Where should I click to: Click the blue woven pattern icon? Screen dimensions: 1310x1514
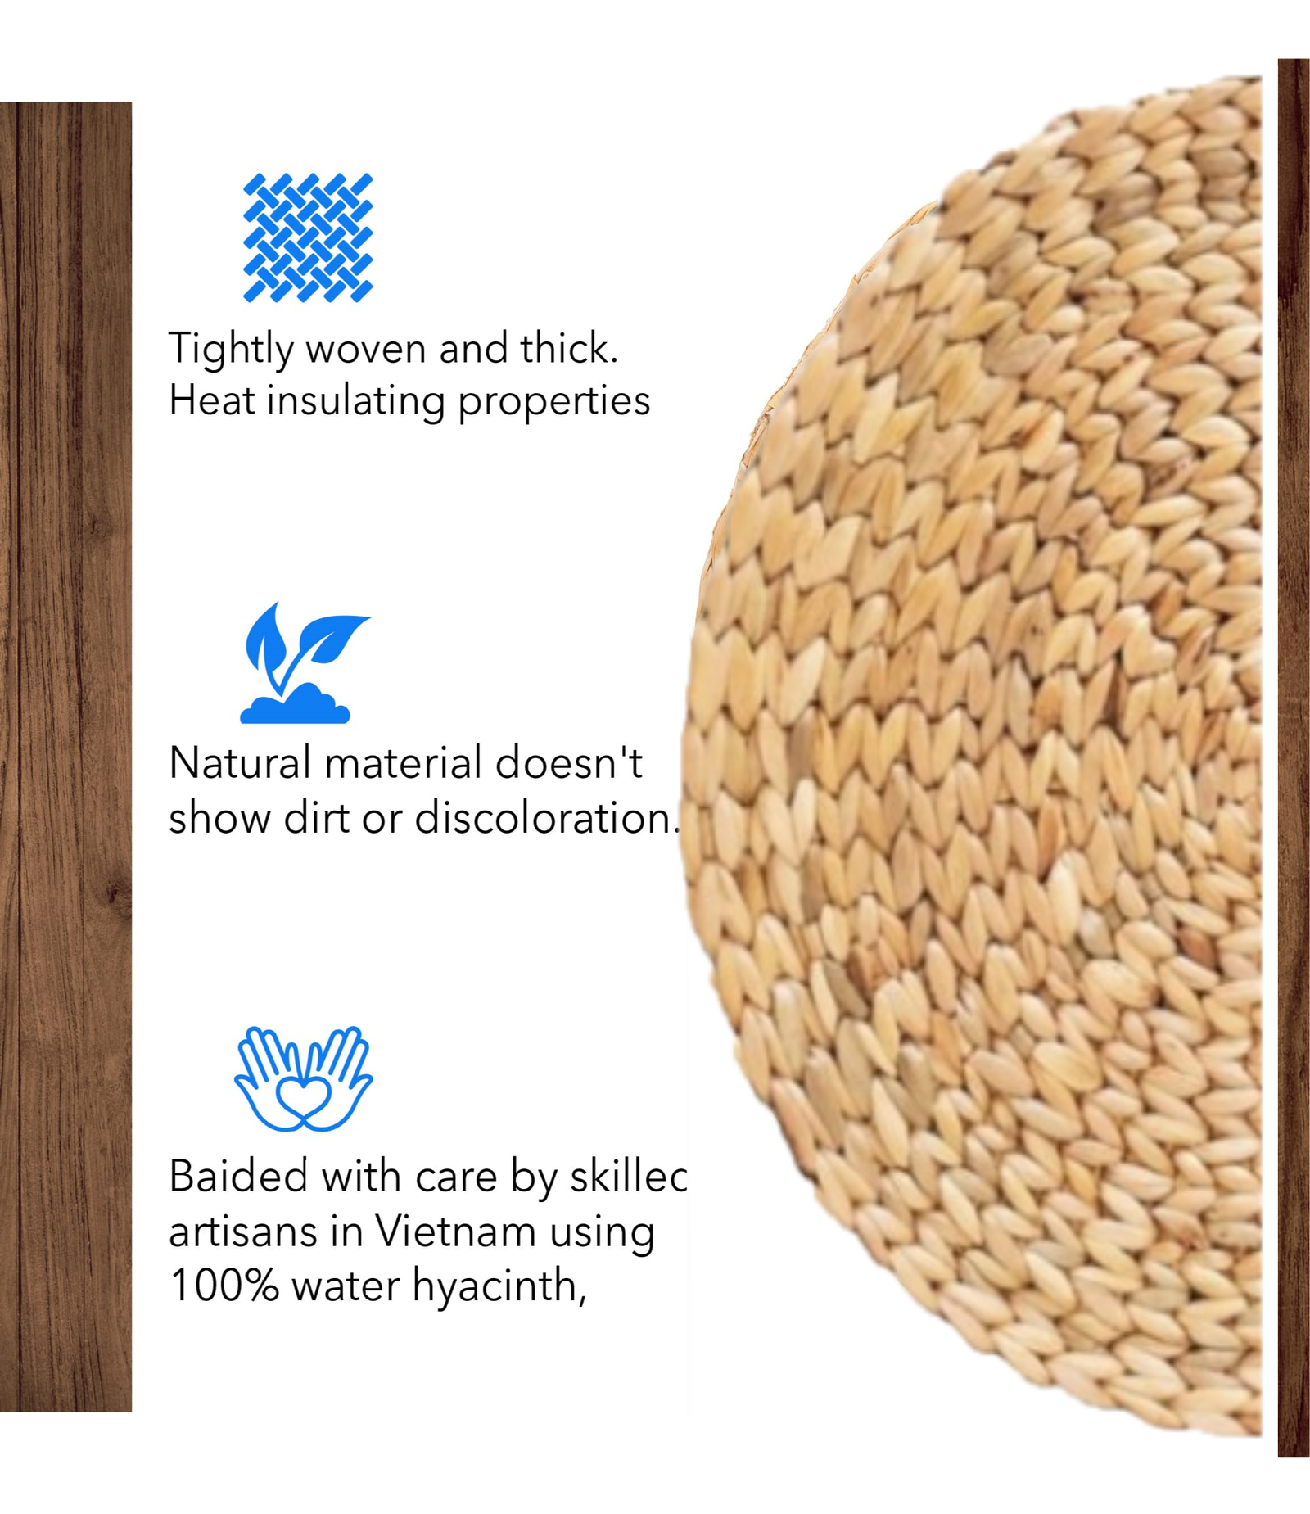pyautogui.click(x=308, y=237)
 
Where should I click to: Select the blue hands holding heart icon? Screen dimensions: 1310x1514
pyautogui.click(x=304, y=1078)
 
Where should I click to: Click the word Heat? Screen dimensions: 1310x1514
pyautogui.click(x=211, y=401)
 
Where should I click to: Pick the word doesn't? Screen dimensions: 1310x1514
pyautogui.click(x=568, y=763)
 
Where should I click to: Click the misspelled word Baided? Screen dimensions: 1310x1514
pyautogui.click(x=238, y=1177)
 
